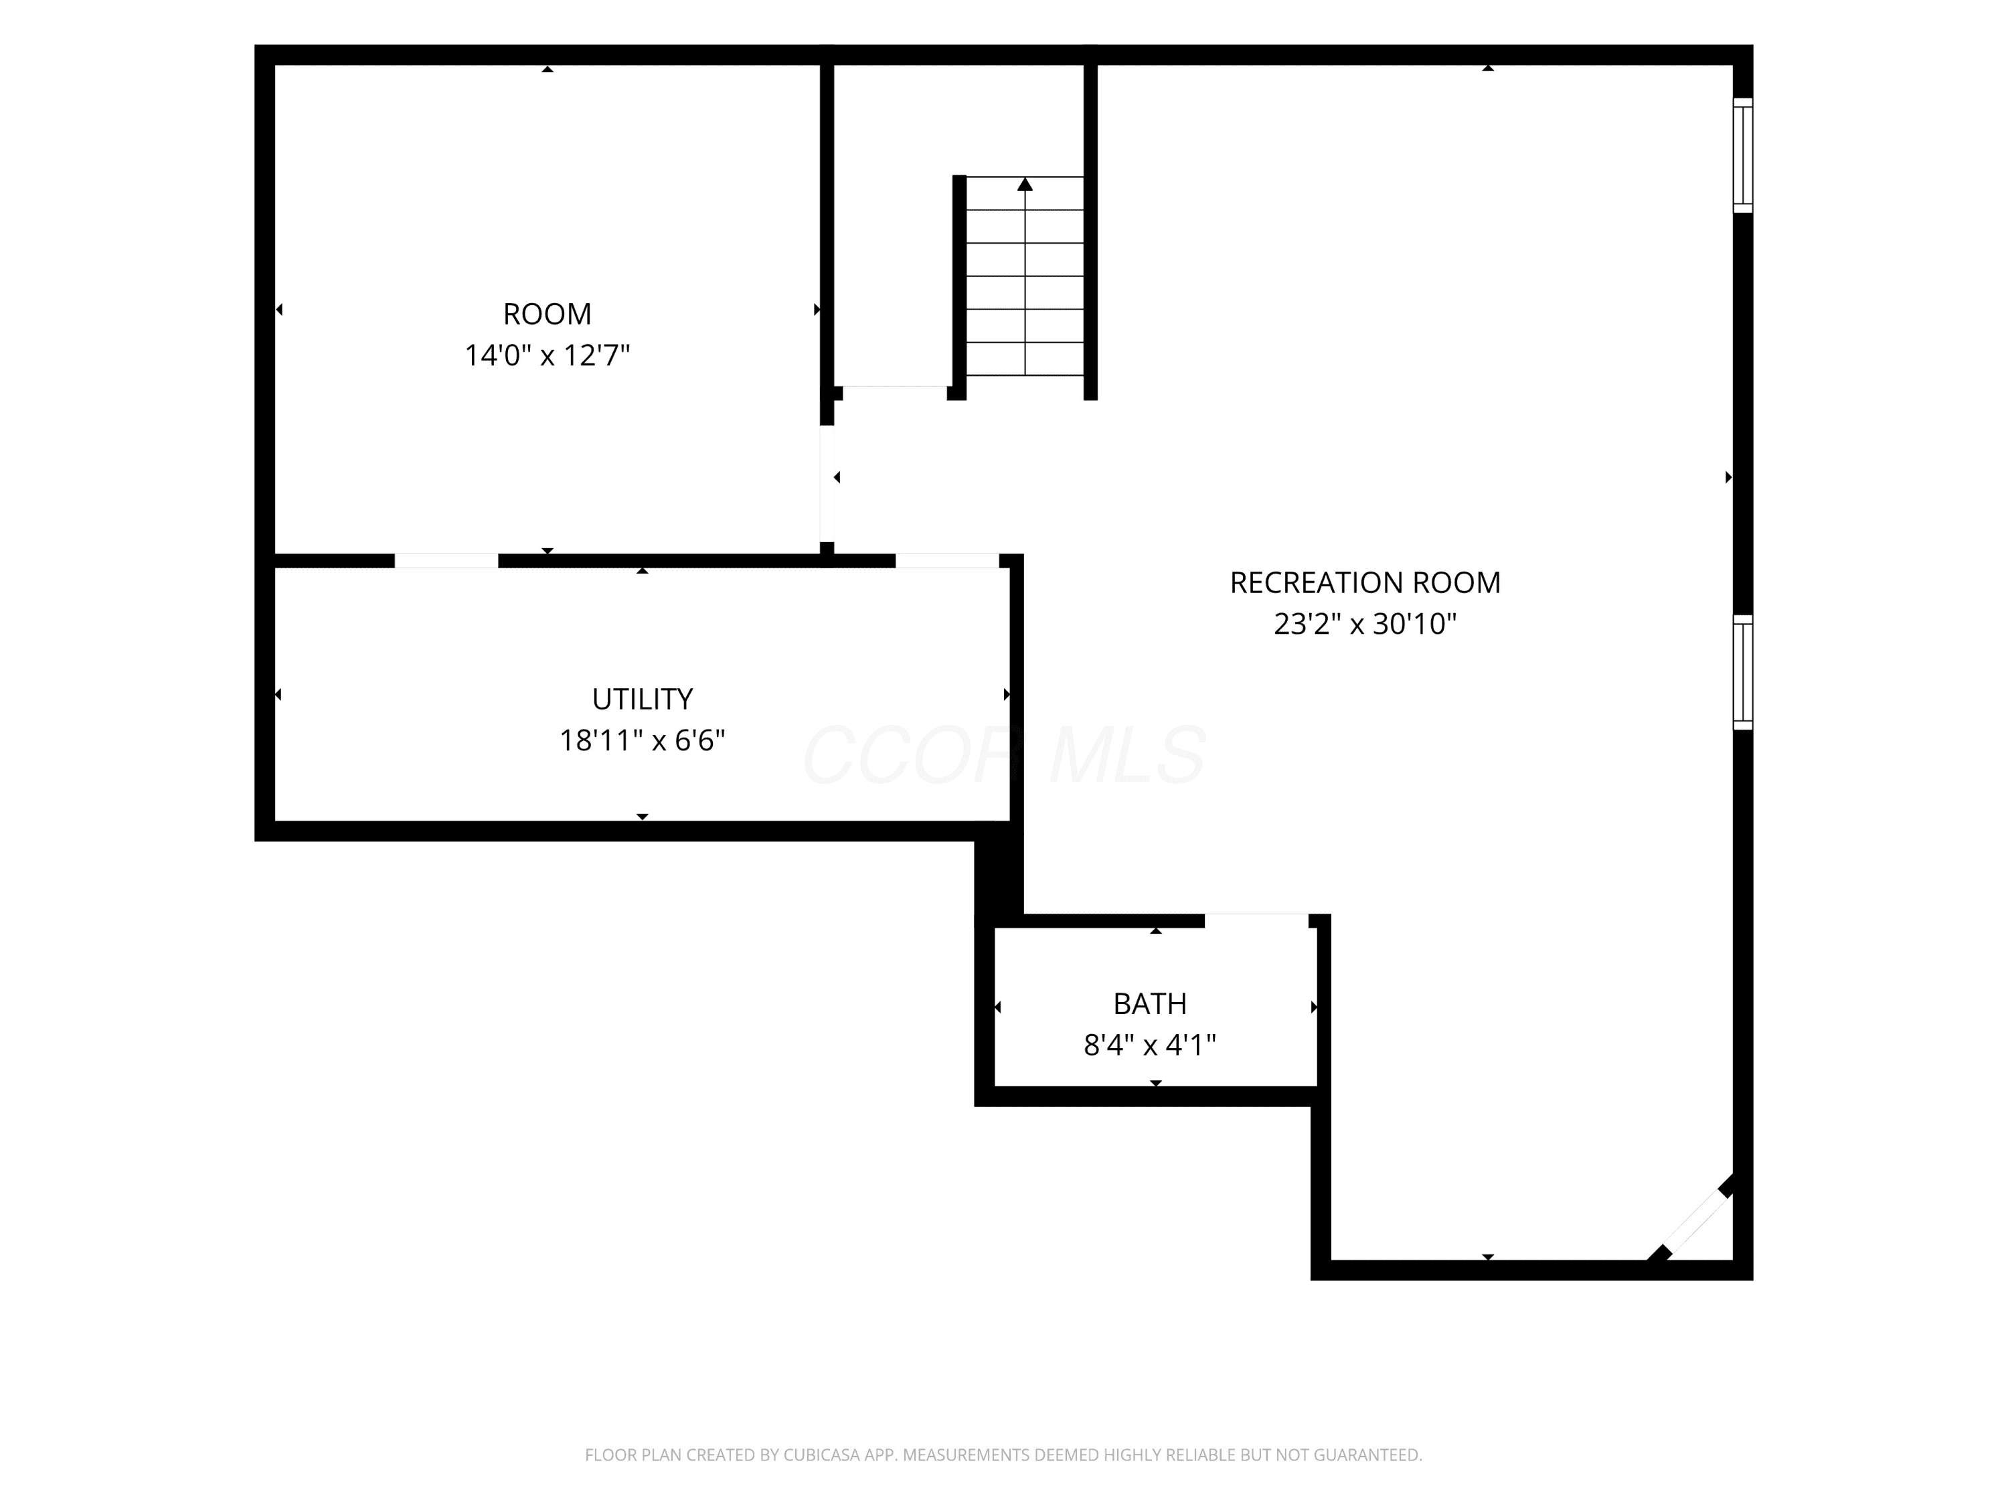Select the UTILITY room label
tap(642, 699)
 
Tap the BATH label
tap(1150, 1004)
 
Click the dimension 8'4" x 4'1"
tap(1150, 1045)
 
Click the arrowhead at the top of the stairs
tap(1025, 184)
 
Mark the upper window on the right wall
tap(1743, 155)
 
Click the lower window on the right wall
tap(1743, 673)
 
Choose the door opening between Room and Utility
tap(446, 561)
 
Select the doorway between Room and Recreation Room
tap(827, 484)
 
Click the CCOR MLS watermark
tap(1004, 755)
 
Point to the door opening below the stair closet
tap(895, 393)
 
